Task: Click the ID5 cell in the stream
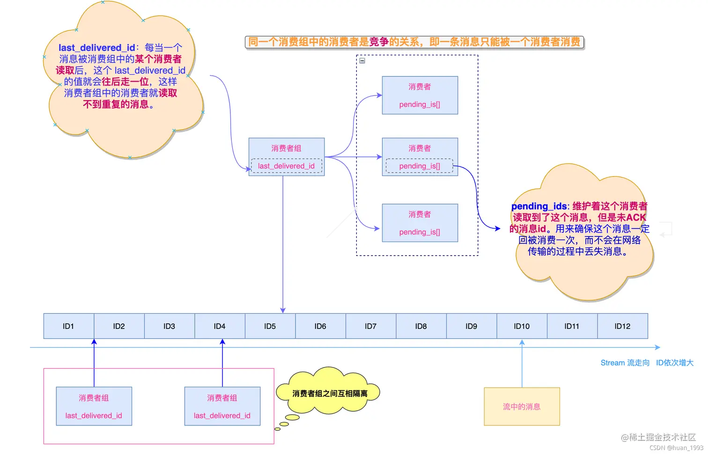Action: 270,326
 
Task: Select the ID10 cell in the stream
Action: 522,326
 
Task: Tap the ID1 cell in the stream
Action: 68,326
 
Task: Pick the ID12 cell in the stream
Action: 622,326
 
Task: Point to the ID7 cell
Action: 370,326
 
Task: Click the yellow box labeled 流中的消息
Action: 522,406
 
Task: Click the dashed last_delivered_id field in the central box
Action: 286,166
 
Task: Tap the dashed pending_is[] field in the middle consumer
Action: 419,166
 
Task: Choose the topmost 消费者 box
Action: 420,95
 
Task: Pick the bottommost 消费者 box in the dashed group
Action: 420,223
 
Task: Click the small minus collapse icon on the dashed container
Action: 362,60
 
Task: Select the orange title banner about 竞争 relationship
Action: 414,42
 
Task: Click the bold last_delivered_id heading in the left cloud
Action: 96,48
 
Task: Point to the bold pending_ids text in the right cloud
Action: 539,206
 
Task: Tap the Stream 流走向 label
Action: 625,363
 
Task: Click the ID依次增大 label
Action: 674,363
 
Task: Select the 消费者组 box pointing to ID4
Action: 222,406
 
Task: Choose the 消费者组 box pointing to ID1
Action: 94,406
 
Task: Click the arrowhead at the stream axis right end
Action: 657,347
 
